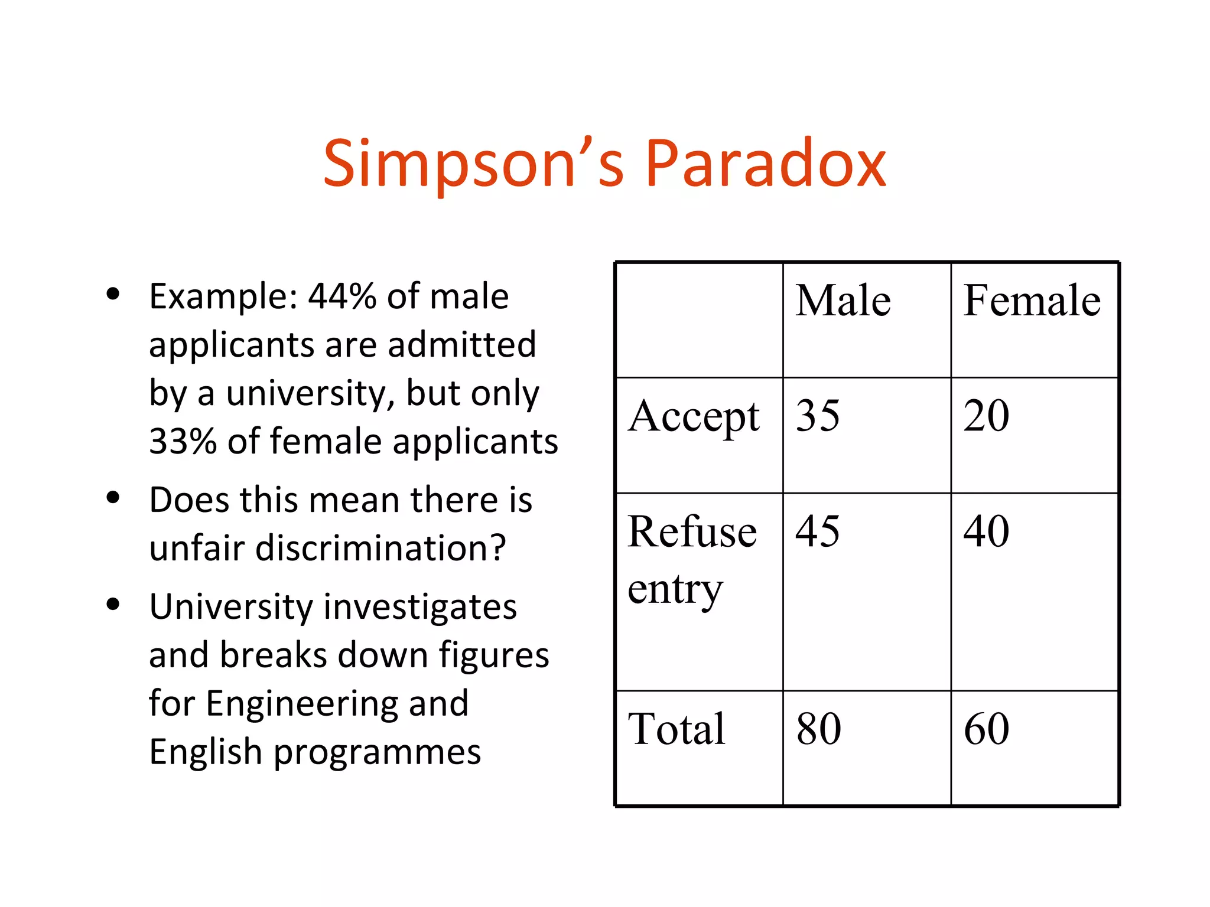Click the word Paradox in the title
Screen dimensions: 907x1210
click(766, 164)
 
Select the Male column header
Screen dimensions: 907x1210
click(843, 301)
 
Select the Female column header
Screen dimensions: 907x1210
click(1032, 301)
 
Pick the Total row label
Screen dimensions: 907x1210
click(676, 729)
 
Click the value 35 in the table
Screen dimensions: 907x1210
click(818, 416)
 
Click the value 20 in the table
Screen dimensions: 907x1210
click(986, 416)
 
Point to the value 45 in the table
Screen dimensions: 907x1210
click(818, 531)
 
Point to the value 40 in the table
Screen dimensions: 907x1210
click(986, 531)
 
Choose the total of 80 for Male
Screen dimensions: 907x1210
click(819, 729)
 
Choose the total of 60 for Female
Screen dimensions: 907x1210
click(986, 729)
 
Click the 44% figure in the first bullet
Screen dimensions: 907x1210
click(341, 296)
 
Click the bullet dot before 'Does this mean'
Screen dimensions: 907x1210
click(113, 498)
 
